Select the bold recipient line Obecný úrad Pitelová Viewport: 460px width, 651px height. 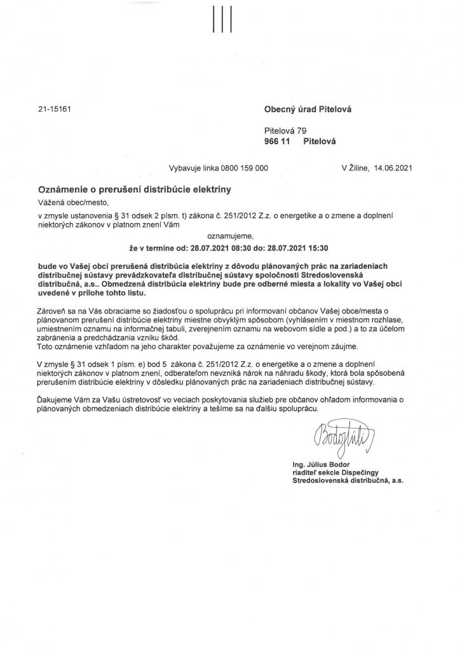pyautogui.click(x=308, y=109)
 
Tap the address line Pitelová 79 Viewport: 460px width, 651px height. pyautogui.click(x=285, y=130)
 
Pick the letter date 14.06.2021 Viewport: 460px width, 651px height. pyautogui.click(x=393, y=168)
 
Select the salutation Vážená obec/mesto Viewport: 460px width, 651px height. pyautogui.click(x=74, y=203)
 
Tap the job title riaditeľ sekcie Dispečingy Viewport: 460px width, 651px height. pyautogui.click(x=334, y=474)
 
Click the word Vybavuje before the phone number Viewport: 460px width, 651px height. pyautogui.click(x=186, y=168)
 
